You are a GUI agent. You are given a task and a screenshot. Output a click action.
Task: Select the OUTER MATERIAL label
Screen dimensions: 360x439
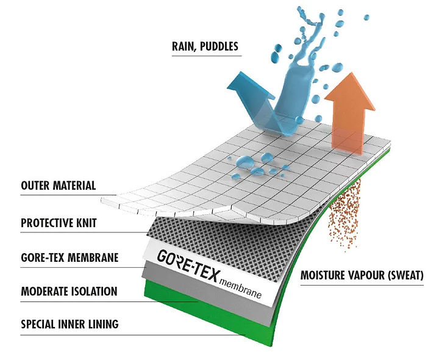59,185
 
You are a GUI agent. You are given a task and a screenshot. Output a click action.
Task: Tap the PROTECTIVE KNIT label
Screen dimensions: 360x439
59,223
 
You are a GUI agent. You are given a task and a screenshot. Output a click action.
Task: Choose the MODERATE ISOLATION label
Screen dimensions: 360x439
69,291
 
